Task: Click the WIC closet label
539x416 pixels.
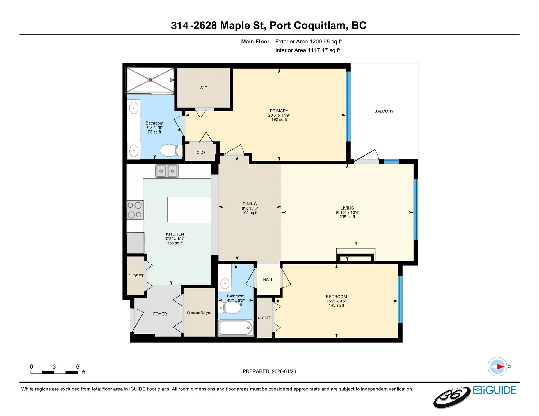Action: coord(204,88)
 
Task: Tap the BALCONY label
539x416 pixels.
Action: coord(384,111)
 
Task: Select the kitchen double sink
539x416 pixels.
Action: coord(167,171)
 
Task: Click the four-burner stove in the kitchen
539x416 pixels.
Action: coord(135,210)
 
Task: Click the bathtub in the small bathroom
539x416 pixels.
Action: coord(236,328)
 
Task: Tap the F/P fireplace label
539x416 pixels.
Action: coord(355,243)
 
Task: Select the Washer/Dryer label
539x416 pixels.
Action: coord(199,312)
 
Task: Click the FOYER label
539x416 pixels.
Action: coord(160,314)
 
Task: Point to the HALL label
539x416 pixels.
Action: coord(268,280)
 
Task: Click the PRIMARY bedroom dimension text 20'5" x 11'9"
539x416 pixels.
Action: coord(279,115)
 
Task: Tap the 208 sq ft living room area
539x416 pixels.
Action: coord(347,217)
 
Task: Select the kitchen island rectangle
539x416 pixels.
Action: coord(189,210)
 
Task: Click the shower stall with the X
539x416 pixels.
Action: coord(150,80)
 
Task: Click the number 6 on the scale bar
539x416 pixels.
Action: coord(78,367)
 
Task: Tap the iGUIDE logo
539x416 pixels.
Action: coord(494,390)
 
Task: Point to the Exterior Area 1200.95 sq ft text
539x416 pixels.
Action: coord(308,42)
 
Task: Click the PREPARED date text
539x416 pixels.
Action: coord(269,371)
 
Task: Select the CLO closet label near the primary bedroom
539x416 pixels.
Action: coord(200,153)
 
